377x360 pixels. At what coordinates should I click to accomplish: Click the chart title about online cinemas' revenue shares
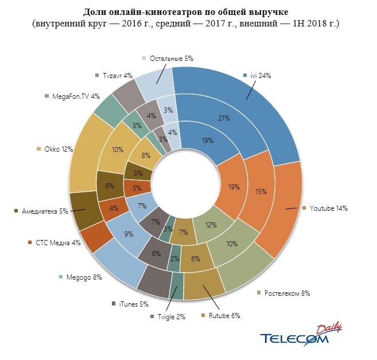(x=188, y=11)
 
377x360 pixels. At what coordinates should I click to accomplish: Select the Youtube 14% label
(x=328, y=208)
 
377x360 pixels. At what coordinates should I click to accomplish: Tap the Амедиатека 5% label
(x=45, y=211)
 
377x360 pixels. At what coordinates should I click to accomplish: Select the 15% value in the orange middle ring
(x=261, y=192)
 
